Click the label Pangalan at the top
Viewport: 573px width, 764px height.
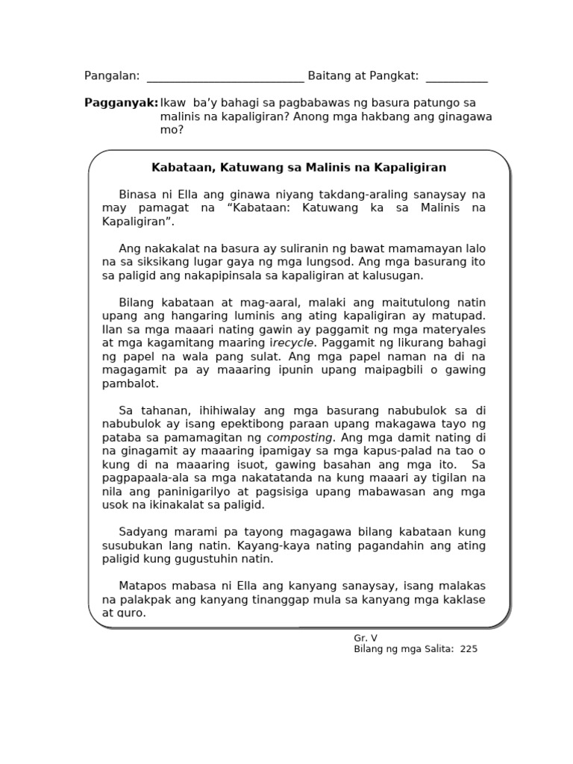[x=112, y=76]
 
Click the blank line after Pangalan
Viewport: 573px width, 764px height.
[x=225, y=78]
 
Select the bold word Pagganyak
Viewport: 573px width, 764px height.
[x=121, y=103]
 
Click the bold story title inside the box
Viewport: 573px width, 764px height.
[x=298, y=167]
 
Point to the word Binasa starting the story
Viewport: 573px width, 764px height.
[x=140, y=194]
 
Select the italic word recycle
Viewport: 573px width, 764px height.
[x=295, y=343]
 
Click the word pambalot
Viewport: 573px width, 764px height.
[x=131, y=384]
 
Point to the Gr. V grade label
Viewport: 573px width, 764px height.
[x=366, y=638]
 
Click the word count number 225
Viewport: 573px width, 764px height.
[x=469, y=649]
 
